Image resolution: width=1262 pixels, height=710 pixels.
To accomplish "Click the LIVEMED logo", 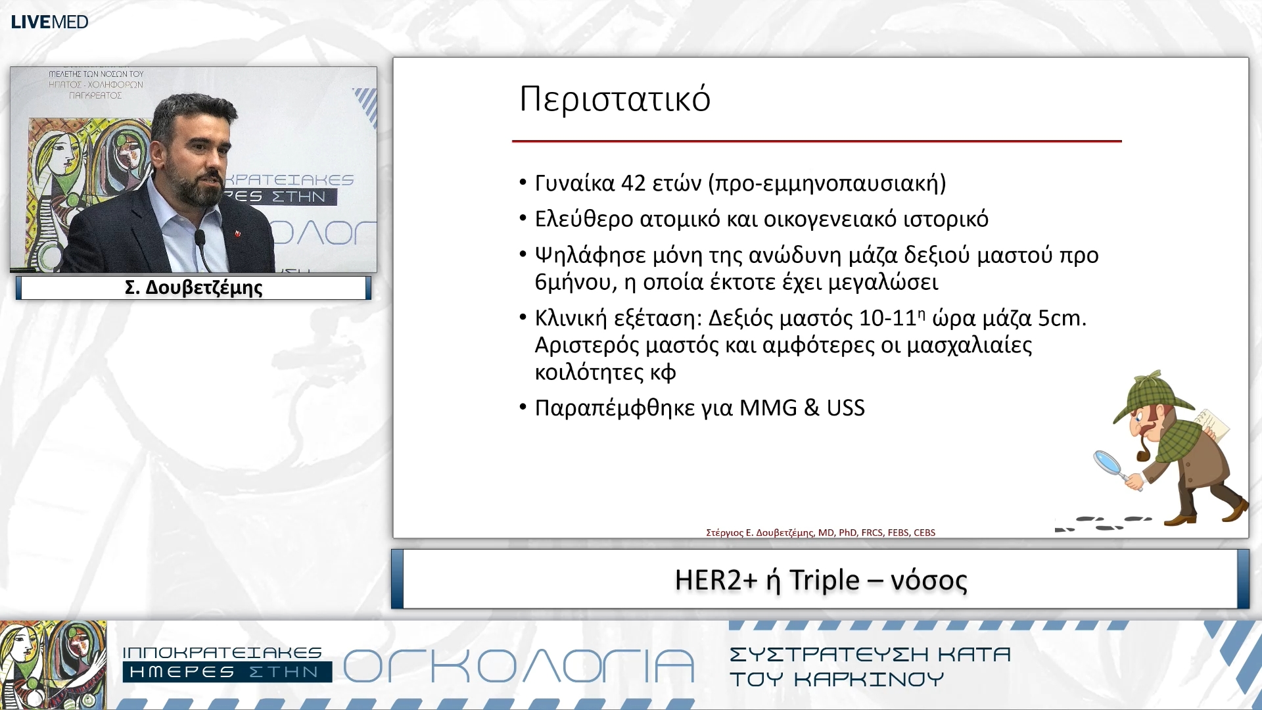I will pyautogui.click(x=49, y=22).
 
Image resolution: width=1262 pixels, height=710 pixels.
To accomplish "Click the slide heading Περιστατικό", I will pyautogui.click(x=615, y=99).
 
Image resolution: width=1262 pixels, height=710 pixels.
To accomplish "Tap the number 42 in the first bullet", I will pyautogui.click(x=633, y=183).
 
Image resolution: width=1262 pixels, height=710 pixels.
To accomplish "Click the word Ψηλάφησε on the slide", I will pyautogui.click(x=590, y=255).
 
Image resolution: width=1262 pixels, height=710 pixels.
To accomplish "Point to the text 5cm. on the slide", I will pyautogui.click(x=1062, y=318).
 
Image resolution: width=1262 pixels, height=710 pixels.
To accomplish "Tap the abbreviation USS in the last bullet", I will pyautogui.click(x=845, y=408).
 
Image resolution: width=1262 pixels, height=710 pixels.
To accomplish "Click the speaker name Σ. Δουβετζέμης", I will pyautogui.click(x=193, y=288).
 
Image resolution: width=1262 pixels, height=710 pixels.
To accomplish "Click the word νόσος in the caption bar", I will pyautogui.click(x=928, y=580).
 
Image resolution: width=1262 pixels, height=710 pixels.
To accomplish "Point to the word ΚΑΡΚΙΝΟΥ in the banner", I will pyautogui.click(x=869, y=679).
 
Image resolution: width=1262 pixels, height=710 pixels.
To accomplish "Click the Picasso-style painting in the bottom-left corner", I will pyautogui.click(x=53, y=664).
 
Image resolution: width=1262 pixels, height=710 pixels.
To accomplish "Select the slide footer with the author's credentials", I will pyautogui.click(x=820, y=532).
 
